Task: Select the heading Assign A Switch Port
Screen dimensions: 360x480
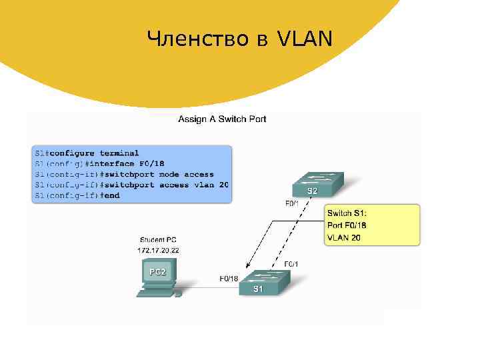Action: click(x=222, y=119)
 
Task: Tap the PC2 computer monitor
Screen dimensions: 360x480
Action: click(x=157, y=273)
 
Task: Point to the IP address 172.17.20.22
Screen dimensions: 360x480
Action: click(x=159, y=250)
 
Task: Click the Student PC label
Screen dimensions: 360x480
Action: click(x=158, y=239)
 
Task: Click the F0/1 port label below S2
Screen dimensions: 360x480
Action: click(x=292, y=204)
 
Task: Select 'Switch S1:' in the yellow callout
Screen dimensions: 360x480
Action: click(x=347, y=213)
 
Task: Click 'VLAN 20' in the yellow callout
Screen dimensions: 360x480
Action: click(x=344, y=237)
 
